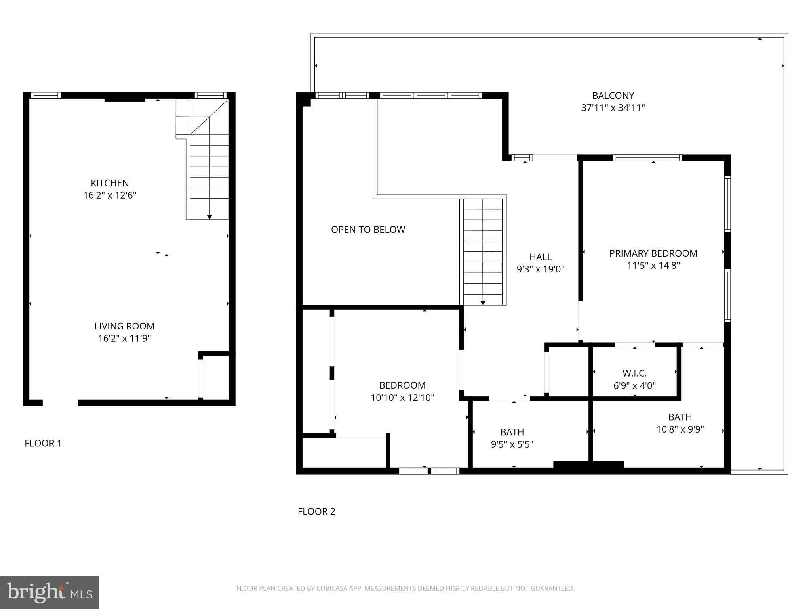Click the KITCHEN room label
pyautogui.click(x=110, y=183)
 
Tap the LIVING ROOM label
pyautogui.click(x=124, y=326)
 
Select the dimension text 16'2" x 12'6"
pyautogui.click(x=110, y=195)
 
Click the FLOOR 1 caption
pyautogui.click(x=43, y=443)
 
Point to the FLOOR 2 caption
pyautogui.click(x=316, y=511)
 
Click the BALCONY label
pyautogui.click(x=613, y=96)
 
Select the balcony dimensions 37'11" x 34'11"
pyautogui.click(x=613, y=108)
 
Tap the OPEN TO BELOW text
pyautogui.click(x=368, y=230)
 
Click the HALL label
pyautogui.click(x=541, y=257)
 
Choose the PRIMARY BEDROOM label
pyautogui.click(x=653, y=253)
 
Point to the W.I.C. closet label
pyautogui.click(x=634, y=373)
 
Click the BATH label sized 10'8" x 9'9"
pyautogui.click(x=680, y=417)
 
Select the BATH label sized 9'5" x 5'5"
pyautogui.click(x=512, y=432)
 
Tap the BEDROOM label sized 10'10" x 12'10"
pyautogui.click(x=402, y=385)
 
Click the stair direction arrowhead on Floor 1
pyautogui.click(x=209, y=217)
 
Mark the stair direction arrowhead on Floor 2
pyautogui.click(x=483, y=303)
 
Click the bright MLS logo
pyautogui.click(x=49, y=592)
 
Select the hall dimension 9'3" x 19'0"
pyautogui.click(x=541, y=269)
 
